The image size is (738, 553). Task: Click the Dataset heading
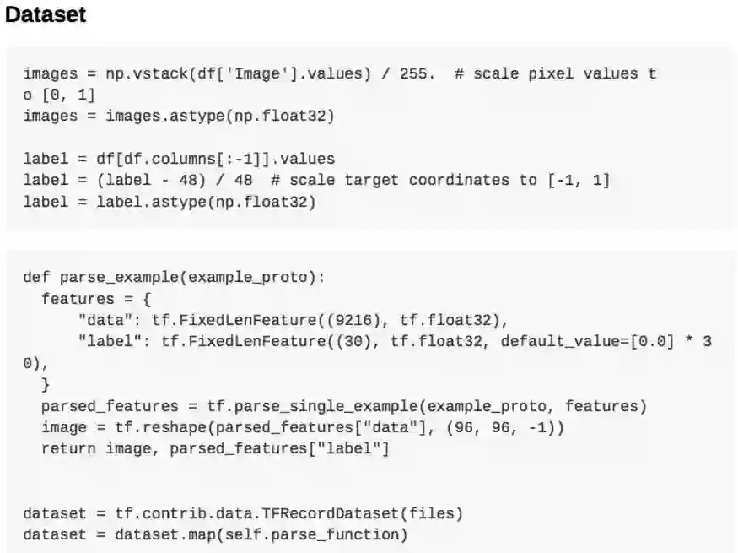[x=46, y=15]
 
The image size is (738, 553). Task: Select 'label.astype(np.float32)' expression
[x=206, y=201]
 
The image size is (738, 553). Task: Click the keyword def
[x=36, y=278]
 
